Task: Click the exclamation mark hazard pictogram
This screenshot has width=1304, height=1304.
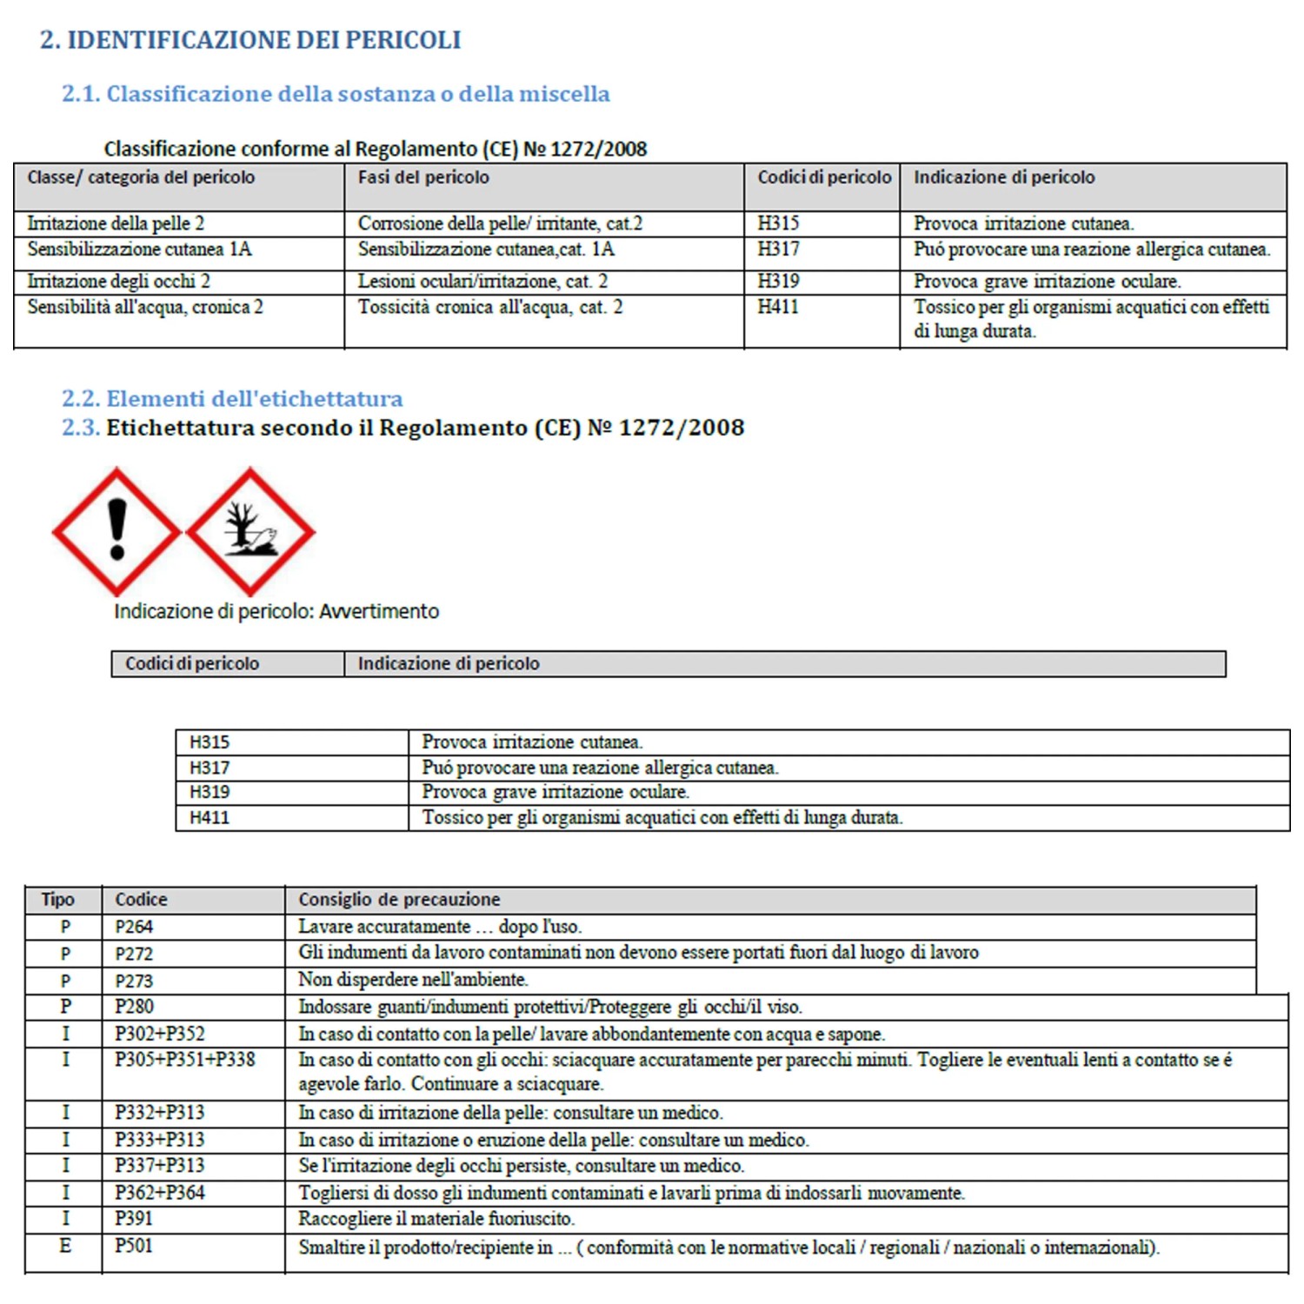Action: coord(116,531)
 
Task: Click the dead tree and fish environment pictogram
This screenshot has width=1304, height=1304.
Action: coord(250,531)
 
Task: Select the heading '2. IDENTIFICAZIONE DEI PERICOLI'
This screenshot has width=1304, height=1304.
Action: coord(250,40)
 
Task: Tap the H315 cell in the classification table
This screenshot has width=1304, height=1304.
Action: coord(778,223)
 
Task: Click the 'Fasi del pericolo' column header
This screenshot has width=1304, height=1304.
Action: coord(423,177)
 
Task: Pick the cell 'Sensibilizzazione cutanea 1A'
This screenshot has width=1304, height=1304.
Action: coord(139,249)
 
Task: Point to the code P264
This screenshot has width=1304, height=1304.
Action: coord(134,927)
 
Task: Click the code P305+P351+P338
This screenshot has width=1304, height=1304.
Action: coord(185,1060)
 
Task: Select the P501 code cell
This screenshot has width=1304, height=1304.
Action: coord(134,1246)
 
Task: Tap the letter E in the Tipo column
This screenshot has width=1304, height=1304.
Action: coord(65,1246)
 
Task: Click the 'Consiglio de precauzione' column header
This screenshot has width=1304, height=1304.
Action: coord(399,900)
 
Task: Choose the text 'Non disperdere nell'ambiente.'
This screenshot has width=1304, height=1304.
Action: coord(413,980)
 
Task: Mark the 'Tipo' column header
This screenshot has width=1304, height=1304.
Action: coord(58,900)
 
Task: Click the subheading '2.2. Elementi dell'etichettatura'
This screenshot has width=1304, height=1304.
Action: coord(232,399)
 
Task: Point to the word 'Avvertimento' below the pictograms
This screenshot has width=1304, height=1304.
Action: coord(379,611)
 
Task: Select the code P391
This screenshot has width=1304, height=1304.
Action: coord(134,1219)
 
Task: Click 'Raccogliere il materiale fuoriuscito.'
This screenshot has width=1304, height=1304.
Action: coord(436,1219)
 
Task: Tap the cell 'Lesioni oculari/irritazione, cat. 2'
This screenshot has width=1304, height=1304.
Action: coord(482,282)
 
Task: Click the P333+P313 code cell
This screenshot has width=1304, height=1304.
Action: coord(160,1140)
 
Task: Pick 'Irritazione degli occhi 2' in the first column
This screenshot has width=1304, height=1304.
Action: coord(118,282)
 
